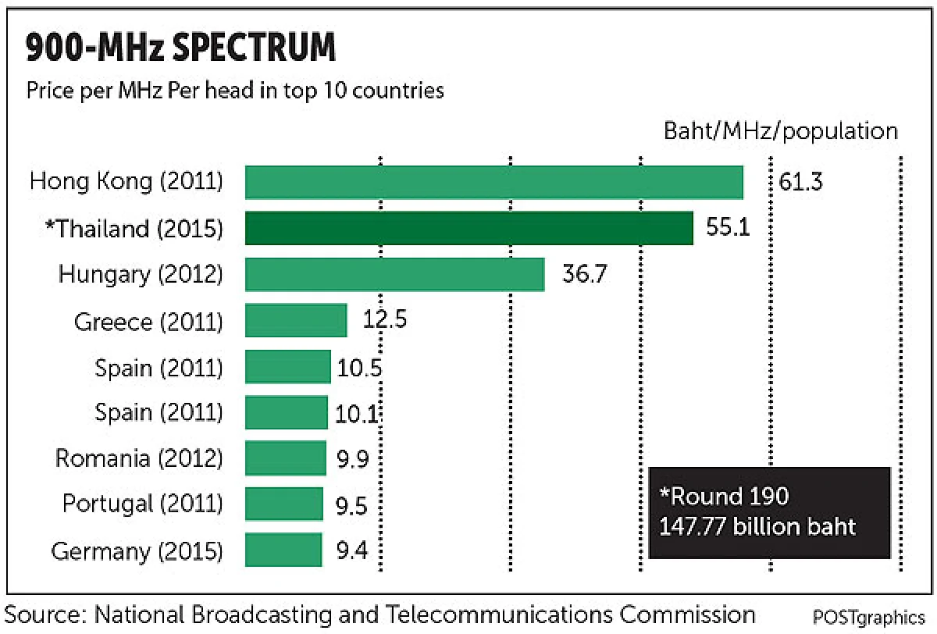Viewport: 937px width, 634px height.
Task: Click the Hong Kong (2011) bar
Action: coord(494,183)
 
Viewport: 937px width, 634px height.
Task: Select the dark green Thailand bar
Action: coord(469,228)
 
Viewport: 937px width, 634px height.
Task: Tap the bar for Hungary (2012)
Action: coord(395,274)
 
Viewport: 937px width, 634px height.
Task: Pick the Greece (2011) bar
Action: coord(296,320)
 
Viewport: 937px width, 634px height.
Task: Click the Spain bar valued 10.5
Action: coord(288,367)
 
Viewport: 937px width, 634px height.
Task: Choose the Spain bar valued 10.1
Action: coord(287,412)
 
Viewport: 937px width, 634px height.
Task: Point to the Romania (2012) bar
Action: coord(286,458)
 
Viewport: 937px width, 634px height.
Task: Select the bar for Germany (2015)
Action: coord(283,550)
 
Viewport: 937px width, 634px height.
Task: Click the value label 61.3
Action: coord(800,182)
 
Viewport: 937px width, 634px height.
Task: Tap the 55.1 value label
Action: coord(728,227)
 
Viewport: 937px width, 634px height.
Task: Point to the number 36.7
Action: coord(584,274)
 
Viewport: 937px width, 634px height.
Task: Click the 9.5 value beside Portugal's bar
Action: coord(351,506)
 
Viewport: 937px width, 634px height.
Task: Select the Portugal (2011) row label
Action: coord(143,504)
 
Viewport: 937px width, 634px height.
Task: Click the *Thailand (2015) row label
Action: coord(134,229)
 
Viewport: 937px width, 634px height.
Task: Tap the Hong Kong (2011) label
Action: coord(126,182)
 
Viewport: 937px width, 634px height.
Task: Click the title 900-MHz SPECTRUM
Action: coord(180,47)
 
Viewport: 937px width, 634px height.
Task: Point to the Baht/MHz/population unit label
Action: coord(781,132)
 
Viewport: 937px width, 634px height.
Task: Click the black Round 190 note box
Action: coord(770,513)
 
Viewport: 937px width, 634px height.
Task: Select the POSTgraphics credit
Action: coord(869,618)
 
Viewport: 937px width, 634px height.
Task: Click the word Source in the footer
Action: coord(45,615)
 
